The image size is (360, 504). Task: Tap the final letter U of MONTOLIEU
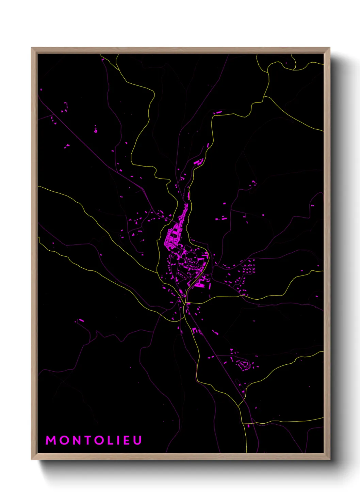137,440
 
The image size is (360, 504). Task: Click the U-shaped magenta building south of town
195,330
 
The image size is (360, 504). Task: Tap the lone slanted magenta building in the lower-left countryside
81,320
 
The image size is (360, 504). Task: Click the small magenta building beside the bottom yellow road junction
248,426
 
